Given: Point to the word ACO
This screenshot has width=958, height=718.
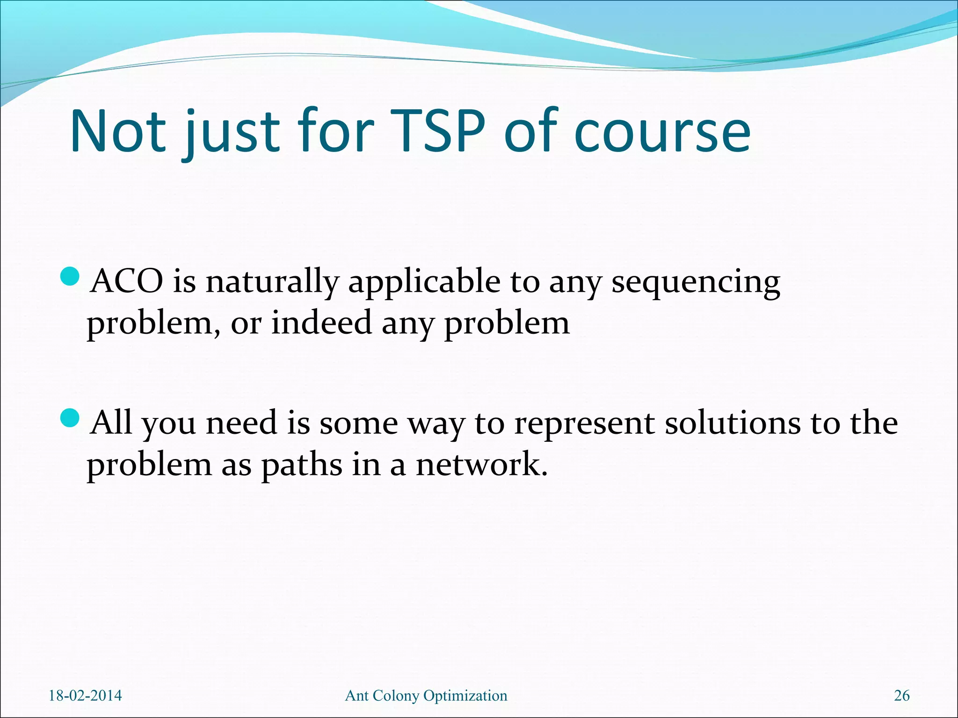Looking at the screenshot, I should pos(127,282).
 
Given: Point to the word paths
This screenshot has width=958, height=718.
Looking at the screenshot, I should pos(302,466).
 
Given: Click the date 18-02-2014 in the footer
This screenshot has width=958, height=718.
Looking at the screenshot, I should pos(85,696).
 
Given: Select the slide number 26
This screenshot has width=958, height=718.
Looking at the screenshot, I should pos(901,696).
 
